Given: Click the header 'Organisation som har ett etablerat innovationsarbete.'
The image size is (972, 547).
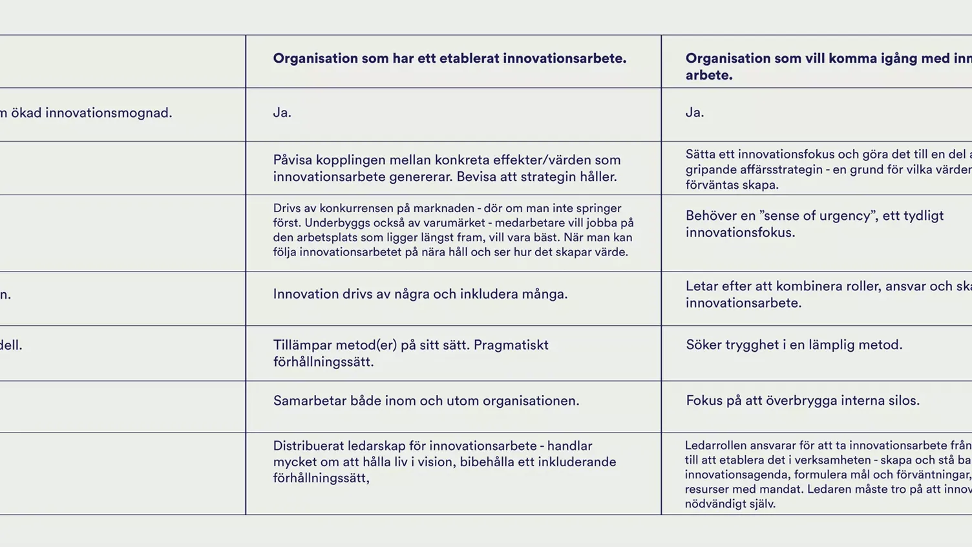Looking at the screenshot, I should [449, 59].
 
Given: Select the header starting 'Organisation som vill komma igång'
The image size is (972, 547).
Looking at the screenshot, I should [827, 66].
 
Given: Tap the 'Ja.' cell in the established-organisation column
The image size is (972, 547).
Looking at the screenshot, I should [282, 113].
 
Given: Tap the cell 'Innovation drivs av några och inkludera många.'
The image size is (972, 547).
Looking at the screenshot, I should [420, 294].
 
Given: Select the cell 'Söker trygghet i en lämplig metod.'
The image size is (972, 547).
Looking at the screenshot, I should [794, 345].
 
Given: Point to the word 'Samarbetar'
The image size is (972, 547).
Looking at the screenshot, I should [308, 401].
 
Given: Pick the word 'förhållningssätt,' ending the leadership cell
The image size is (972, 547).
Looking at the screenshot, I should [321, 478].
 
